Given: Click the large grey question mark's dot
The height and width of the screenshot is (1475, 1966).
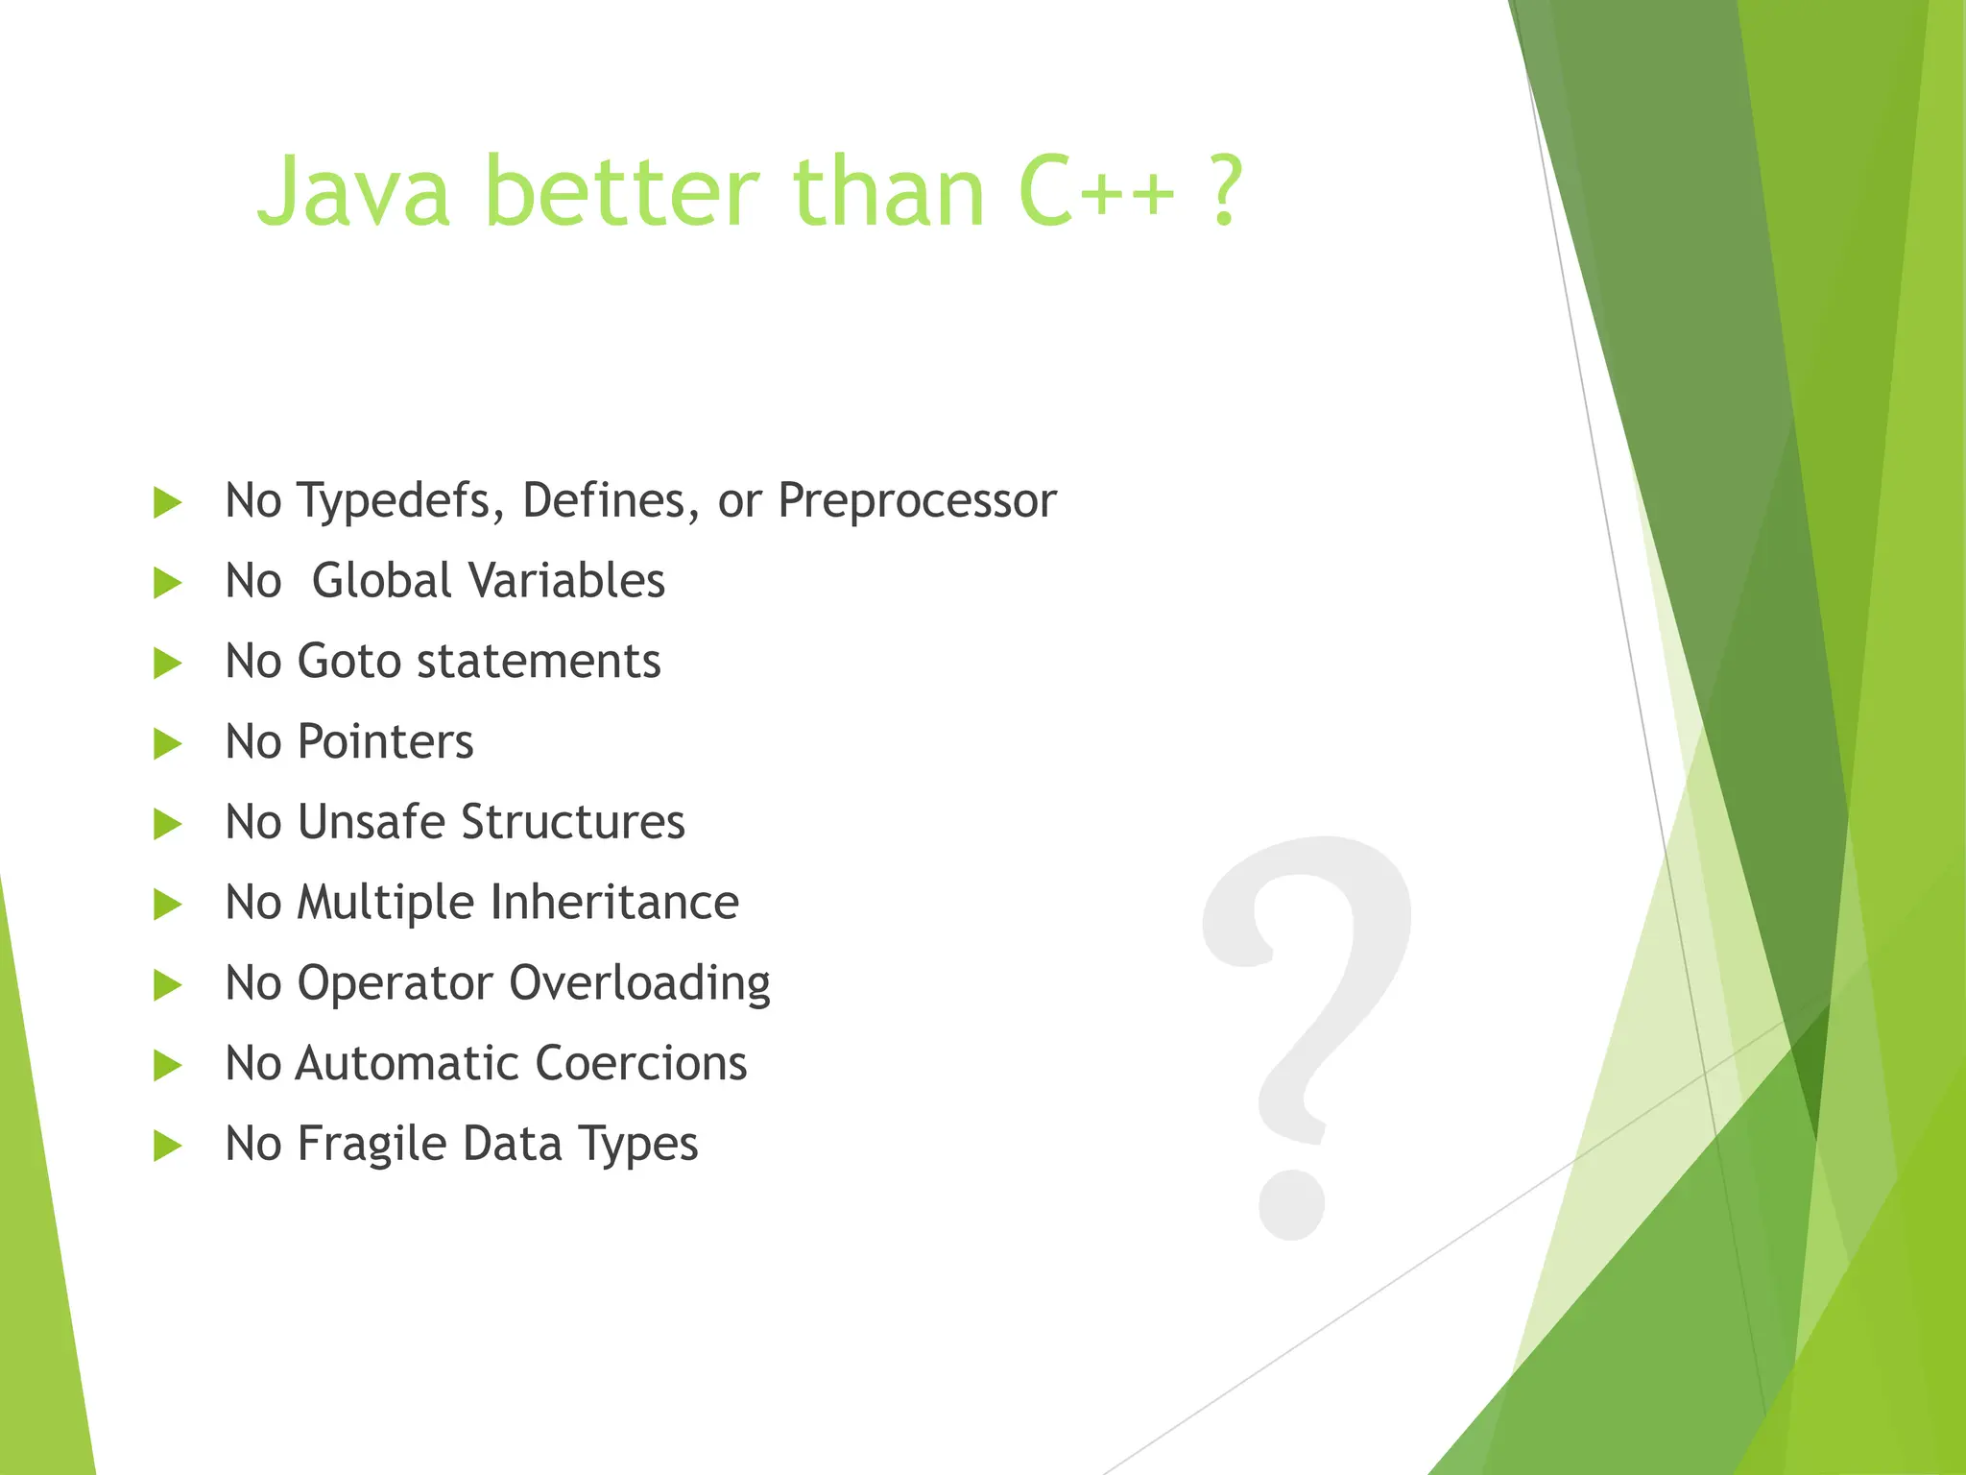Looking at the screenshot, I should pos(1291,1204).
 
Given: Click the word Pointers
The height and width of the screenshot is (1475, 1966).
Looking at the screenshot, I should pos(385,742).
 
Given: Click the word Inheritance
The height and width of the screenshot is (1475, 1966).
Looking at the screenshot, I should pos(614,903).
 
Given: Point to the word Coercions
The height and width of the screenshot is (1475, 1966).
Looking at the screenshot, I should pos(640,1064).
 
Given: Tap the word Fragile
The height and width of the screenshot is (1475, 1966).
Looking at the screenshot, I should pos(371,1145).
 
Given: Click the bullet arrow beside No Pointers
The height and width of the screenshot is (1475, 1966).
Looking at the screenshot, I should pos(168,743).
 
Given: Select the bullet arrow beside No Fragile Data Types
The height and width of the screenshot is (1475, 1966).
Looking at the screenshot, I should pos(168,1146).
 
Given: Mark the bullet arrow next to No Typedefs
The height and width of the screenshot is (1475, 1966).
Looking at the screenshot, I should pos(168,502).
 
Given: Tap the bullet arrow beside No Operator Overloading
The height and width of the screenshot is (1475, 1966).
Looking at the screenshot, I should pos(168,984).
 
